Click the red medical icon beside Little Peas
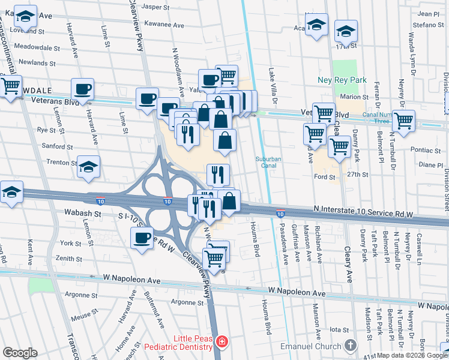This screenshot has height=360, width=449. coord(223,341)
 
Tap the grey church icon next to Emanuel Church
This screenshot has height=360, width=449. coord(351,346)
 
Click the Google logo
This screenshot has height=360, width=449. coord(20,353)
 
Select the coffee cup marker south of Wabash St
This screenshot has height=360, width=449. coord(142,238)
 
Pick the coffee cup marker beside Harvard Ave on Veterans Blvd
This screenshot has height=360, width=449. coord(83,90)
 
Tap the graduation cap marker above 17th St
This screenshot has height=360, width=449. coord(346,30)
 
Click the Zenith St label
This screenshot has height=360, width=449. coord(68,259)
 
